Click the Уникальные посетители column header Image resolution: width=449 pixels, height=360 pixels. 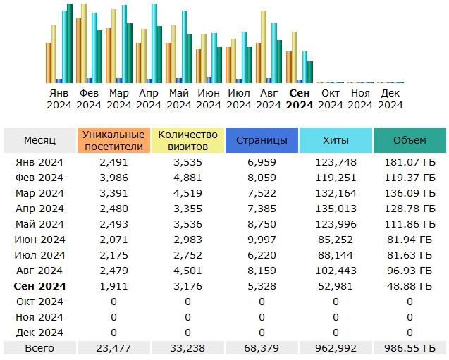click(x=113, y=140)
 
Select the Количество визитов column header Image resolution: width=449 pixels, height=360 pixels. click(x=187, y=140)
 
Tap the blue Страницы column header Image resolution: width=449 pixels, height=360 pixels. click(x=262, y=140)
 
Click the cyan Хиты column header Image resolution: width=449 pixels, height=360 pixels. click(x=336, y=140)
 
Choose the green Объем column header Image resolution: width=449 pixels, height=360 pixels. click(x=410, y=140)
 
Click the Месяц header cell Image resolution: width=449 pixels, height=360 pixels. click(x=39, y=140)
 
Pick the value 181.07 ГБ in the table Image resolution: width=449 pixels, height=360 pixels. click(x=410, y=162)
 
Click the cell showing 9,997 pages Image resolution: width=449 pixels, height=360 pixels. click(x=262, y=240)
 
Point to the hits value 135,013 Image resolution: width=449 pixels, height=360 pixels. click(x=336, y=209)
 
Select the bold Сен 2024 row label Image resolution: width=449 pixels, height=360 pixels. click(x=39, y=286)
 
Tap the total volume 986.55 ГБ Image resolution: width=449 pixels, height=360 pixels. click(x=410, y=348)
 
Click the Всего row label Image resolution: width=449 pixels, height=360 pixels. click(x=39, y=348)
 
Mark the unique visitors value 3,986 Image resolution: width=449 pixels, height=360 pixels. click(x=113, y=178)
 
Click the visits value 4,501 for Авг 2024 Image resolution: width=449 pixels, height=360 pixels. click(x=187, y=271)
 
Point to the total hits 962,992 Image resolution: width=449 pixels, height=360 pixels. click(x=336, y=348)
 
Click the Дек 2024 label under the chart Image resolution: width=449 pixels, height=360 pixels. click(x=390, y=99)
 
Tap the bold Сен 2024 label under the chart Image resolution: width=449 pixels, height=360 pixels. click(x=300, y=99)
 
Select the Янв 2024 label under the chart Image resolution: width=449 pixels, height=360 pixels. click(x=59, y=99)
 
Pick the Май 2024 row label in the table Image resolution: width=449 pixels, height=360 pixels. click(x=39, y=224)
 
